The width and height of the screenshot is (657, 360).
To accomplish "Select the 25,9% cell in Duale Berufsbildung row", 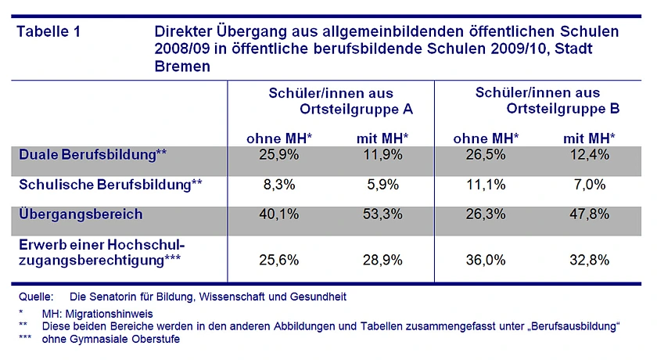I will click(279, 154).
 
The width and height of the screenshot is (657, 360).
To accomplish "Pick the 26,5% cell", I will click(486, 154).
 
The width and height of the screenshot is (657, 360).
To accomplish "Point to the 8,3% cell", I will click(279, 185).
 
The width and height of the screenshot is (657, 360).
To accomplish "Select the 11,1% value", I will click(486, 185).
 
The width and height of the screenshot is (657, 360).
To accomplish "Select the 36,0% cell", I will click(486, 261).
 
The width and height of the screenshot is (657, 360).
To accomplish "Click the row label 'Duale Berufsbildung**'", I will click(93, 153).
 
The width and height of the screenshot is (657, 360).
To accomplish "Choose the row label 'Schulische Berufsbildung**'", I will click(110, 185).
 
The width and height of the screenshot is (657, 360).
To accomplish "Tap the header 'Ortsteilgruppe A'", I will click(356, 109).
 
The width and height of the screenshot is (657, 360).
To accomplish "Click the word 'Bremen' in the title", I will click(182, 67).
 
